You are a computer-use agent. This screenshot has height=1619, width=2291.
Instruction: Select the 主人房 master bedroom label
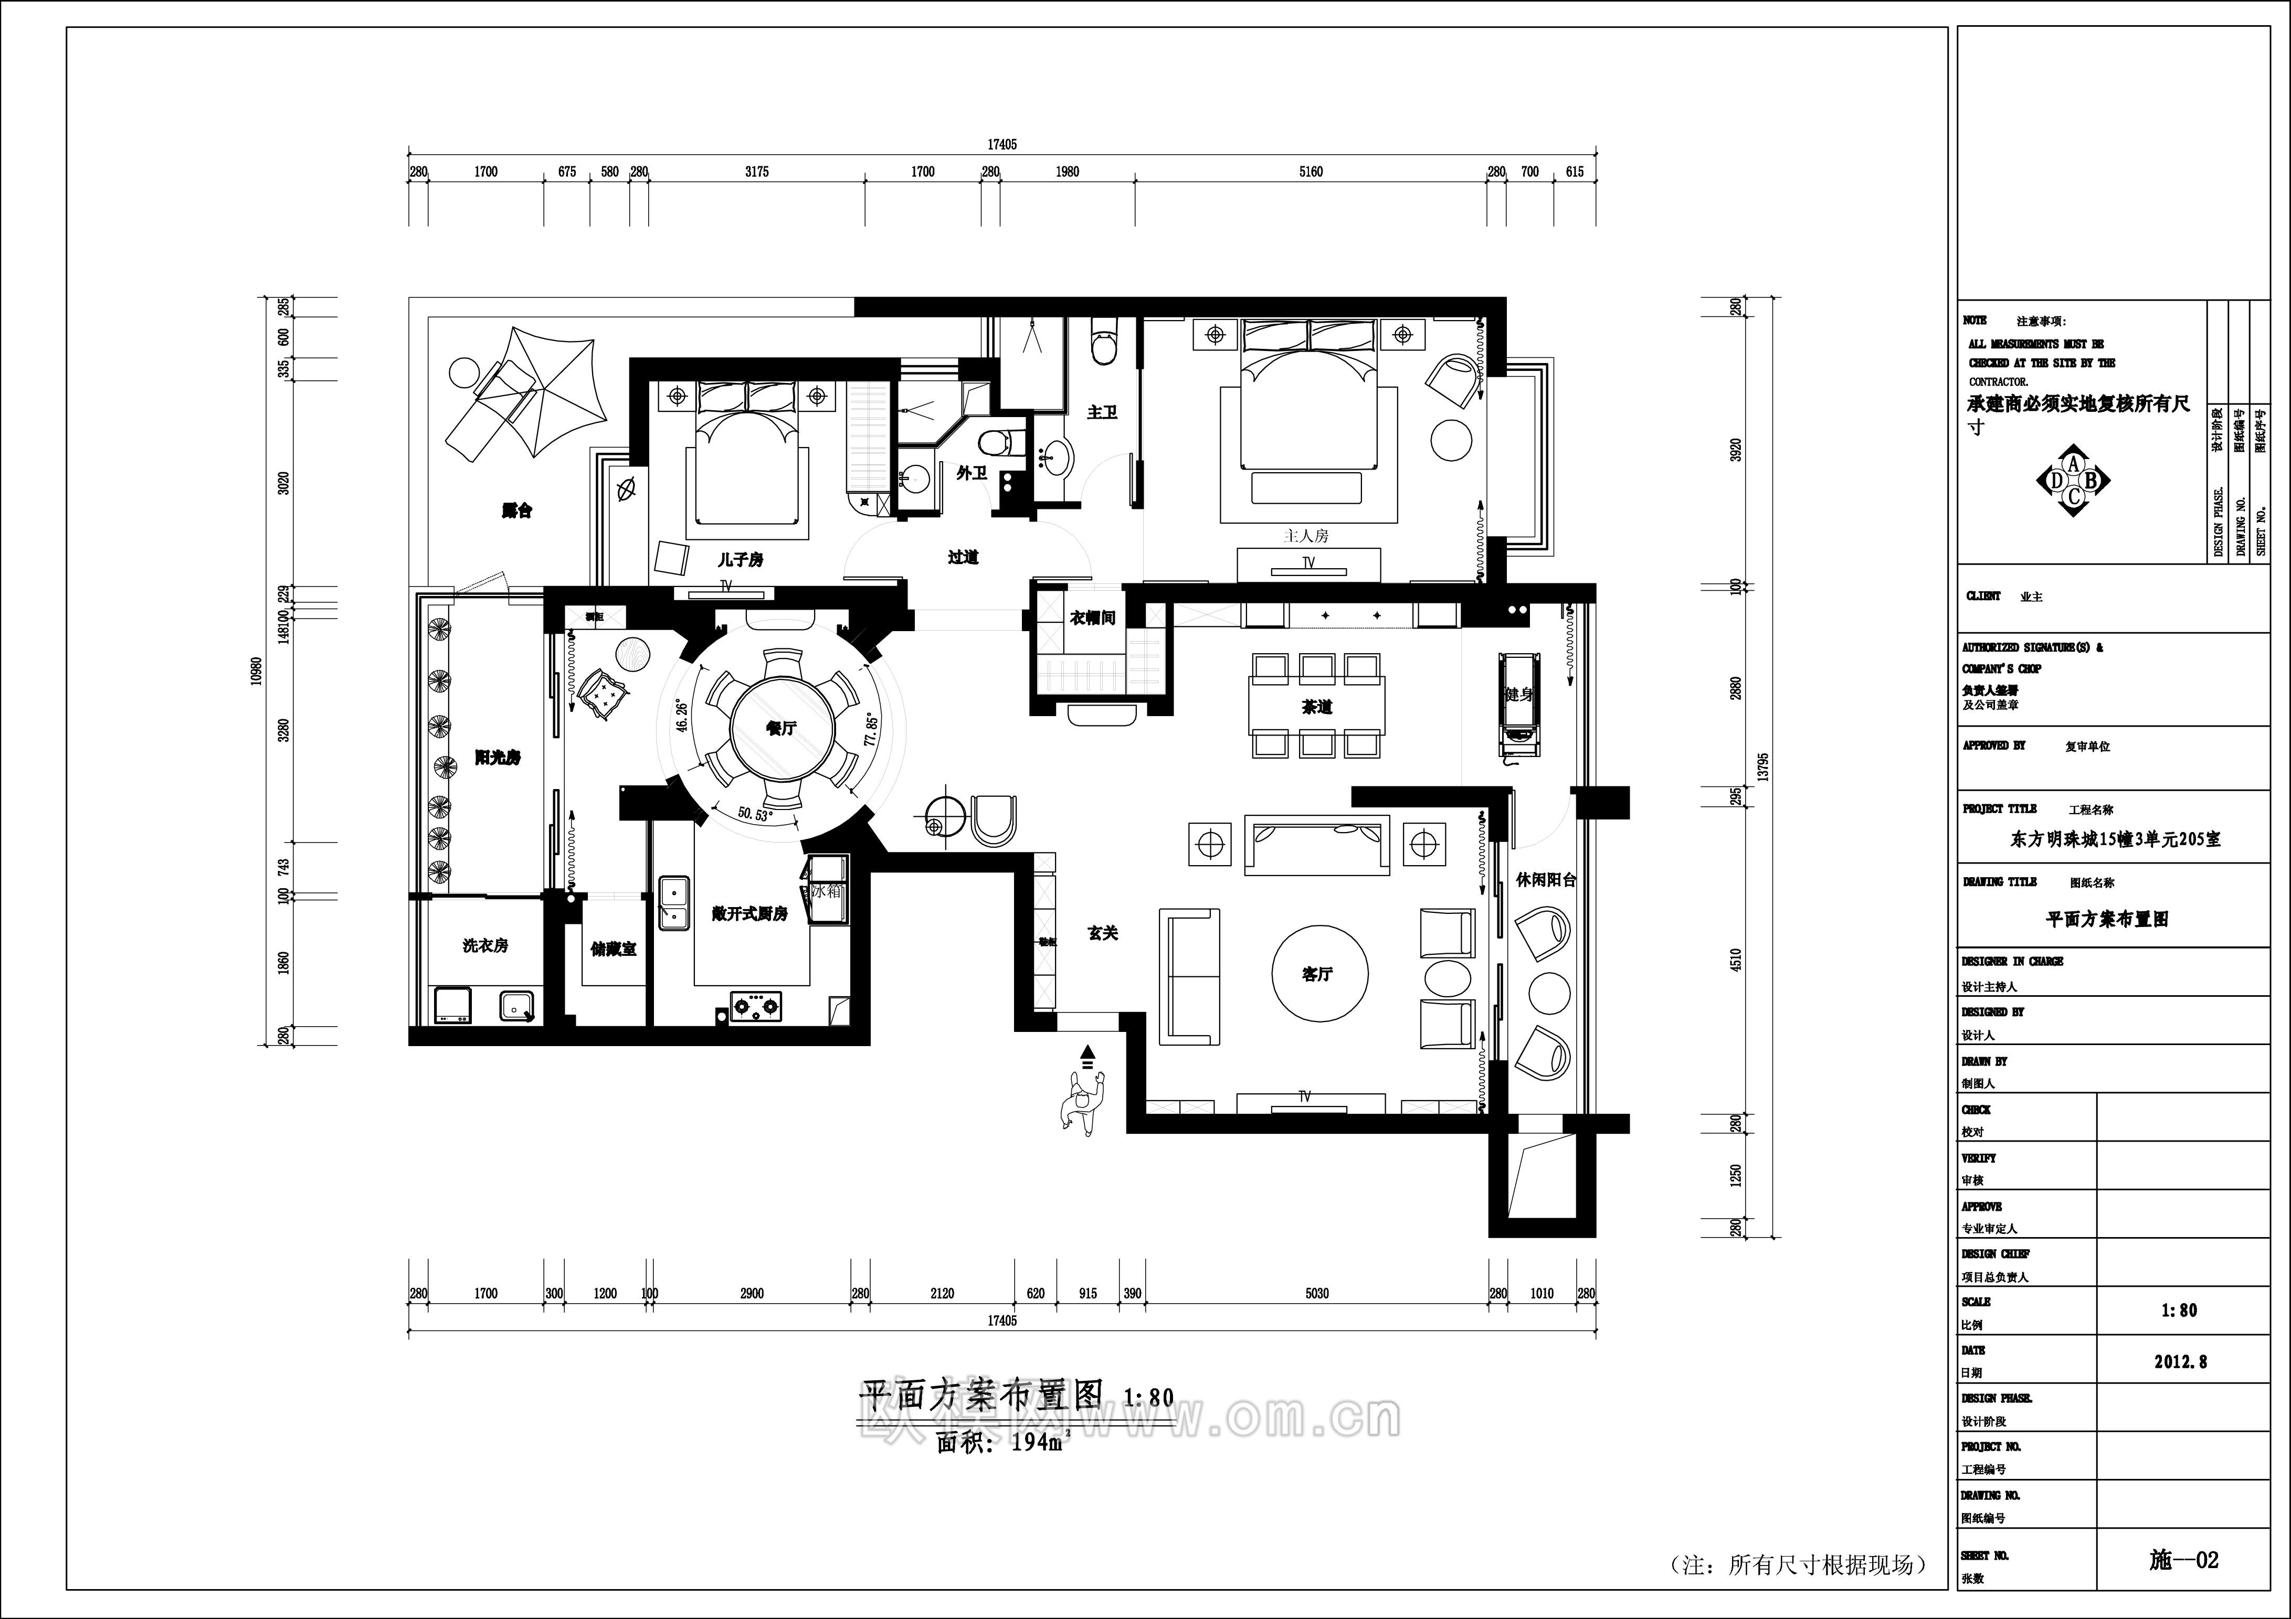click(1306, 536)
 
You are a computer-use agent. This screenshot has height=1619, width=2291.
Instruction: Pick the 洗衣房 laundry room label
click(485, 945)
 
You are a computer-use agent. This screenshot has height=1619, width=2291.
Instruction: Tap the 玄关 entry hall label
click(1103, 933)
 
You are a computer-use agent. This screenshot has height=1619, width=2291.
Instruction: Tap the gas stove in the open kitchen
click(755, 1007)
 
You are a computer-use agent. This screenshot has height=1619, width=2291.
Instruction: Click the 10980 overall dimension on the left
click(257, 670)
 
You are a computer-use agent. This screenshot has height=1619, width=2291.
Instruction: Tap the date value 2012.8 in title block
click(2180, 1361)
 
